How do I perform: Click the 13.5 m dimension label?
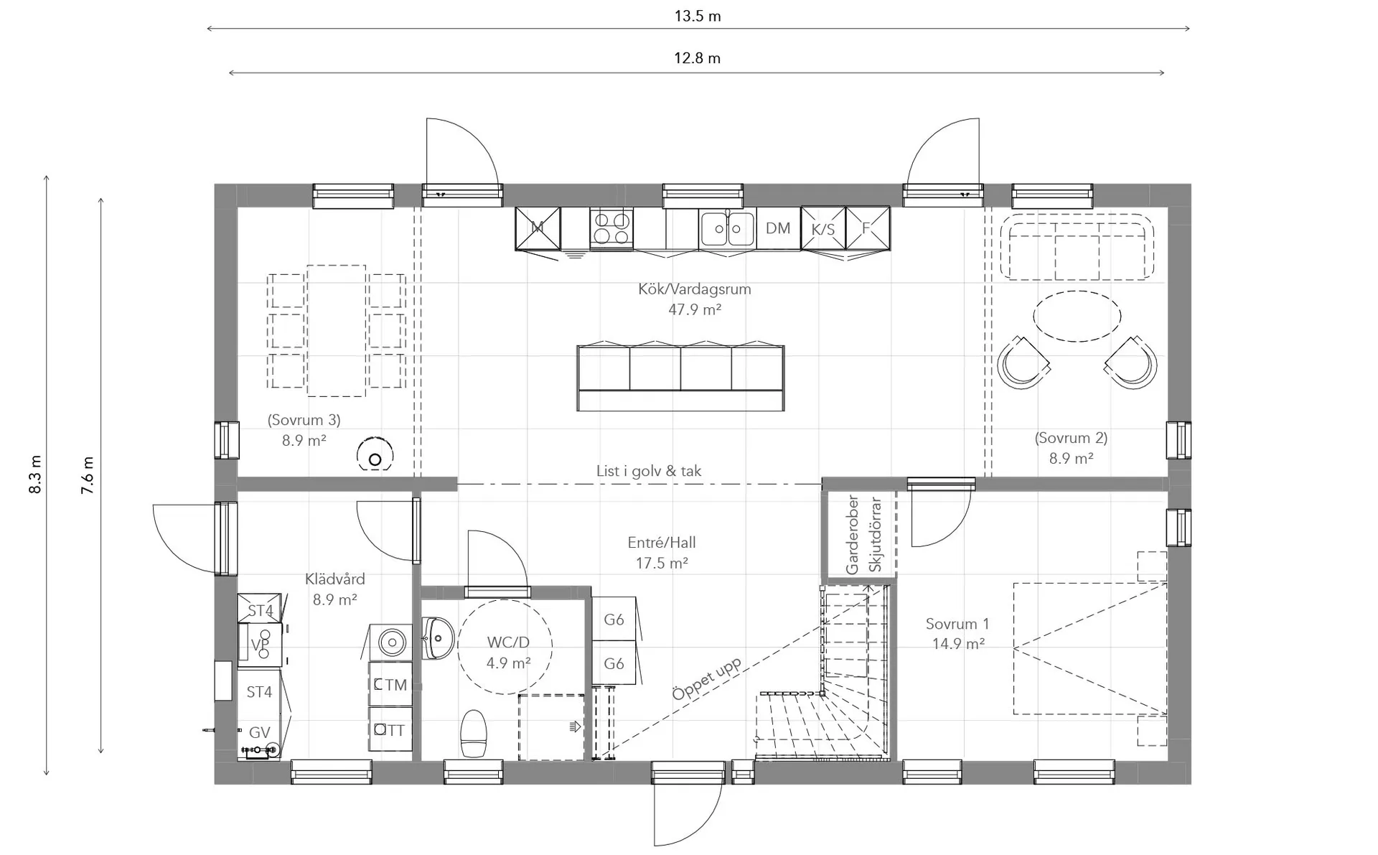tap(698, 16)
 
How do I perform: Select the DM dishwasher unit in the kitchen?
tap(778, 228)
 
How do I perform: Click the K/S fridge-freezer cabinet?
tap(823, 229)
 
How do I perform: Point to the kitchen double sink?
tap(727, 228)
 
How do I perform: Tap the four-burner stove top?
tap(611, 228)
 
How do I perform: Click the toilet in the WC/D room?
tap(474, 733)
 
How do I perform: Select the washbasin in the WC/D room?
tap(436, 637)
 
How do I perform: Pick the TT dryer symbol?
tap(390, 729)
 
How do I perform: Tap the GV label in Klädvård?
tap(259, 732)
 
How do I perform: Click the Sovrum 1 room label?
tap(957, 634)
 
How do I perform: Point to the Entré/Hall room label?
tap(662, 553)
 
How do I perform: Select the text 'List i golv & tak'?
tap(649, 471)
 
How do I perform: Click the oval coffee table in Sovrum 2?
tap(1077, 316)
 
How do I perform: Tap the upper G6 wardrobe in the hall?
tap(614, 619)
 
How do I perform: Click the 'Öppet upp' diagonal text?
tap(706, 678)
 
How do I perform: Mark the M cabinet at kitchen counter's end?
tap(538, 228)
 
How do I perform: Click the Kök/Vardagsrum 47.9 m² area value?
tap(695, 309)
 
